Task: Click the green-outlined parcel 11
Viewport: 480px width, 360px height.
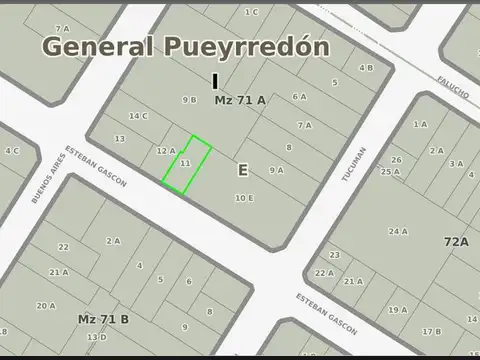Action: tap(186, 164)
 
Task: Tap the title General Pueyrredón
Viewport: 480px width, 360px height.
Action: tap(186, 47)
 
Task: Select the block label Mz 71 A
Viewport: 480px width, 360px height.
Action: tap(240, 100)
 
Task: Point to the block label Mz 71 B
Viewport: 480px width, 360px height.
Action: tap(103, 319)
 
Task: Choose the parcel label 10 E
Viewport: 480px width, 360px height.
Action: tap(244, 198)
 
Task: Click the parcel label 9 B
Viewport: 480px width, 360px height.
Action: tap(189, 100)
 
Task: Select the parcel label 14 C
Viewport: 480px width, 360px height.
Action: tap(138, 116)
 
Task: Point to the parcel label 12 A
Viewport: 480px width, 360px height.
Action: tap(166, 151)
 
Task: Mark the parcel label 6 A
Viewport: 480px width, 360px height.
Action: tap(299, 97)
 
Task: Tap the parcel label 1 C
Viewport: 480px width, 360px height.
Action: tap(251, 12)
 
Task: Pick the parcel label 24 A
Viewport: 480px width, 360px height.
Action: tap(398, 231)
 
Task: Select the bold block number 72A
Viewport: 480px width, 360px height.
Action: tap(456, 242)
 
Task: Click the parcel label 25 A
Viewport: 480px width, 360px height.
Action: tap(390, 171)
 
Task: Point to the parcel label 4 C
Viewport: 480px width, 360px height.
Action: tap(12, 151)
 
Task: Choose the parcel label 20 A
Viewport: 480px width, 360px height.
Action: tap(46, 306)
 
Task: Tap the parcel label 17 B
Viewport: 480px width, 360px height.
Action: tap(431, 331)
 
